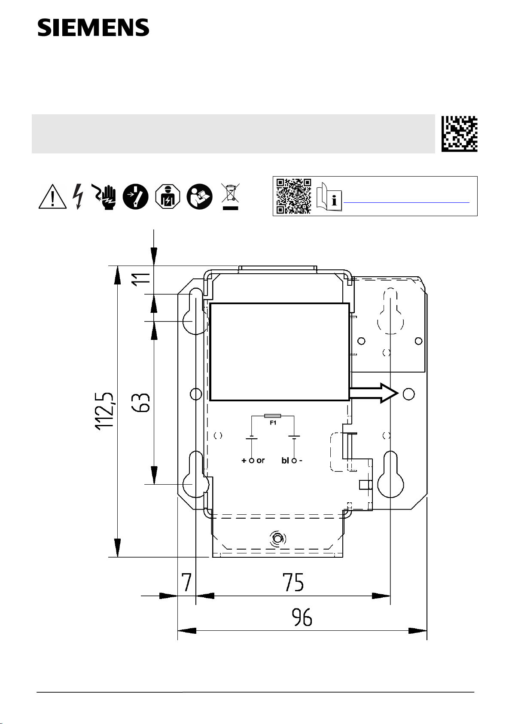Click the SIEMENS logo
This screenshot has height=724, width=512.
tap(93, 27)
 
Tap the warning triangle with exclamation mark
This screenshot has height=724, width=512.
tap(53, 196)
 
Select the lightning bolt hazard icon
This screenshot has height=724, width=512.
tap(78, 196)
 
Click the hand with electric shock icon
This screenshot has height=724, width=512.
tap(104, 197)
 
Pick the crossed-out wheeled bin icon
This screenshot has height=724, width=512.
tap(230, 196)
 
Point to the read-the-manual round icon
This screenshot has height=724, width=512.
tap(200, 196)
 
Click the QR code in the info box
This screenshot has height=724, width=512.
tap(294, 196)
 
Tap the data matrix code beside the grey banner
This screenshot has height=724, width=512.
tap(459, 134)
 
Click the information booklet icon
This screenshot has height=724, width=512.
tap(329, 197)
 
